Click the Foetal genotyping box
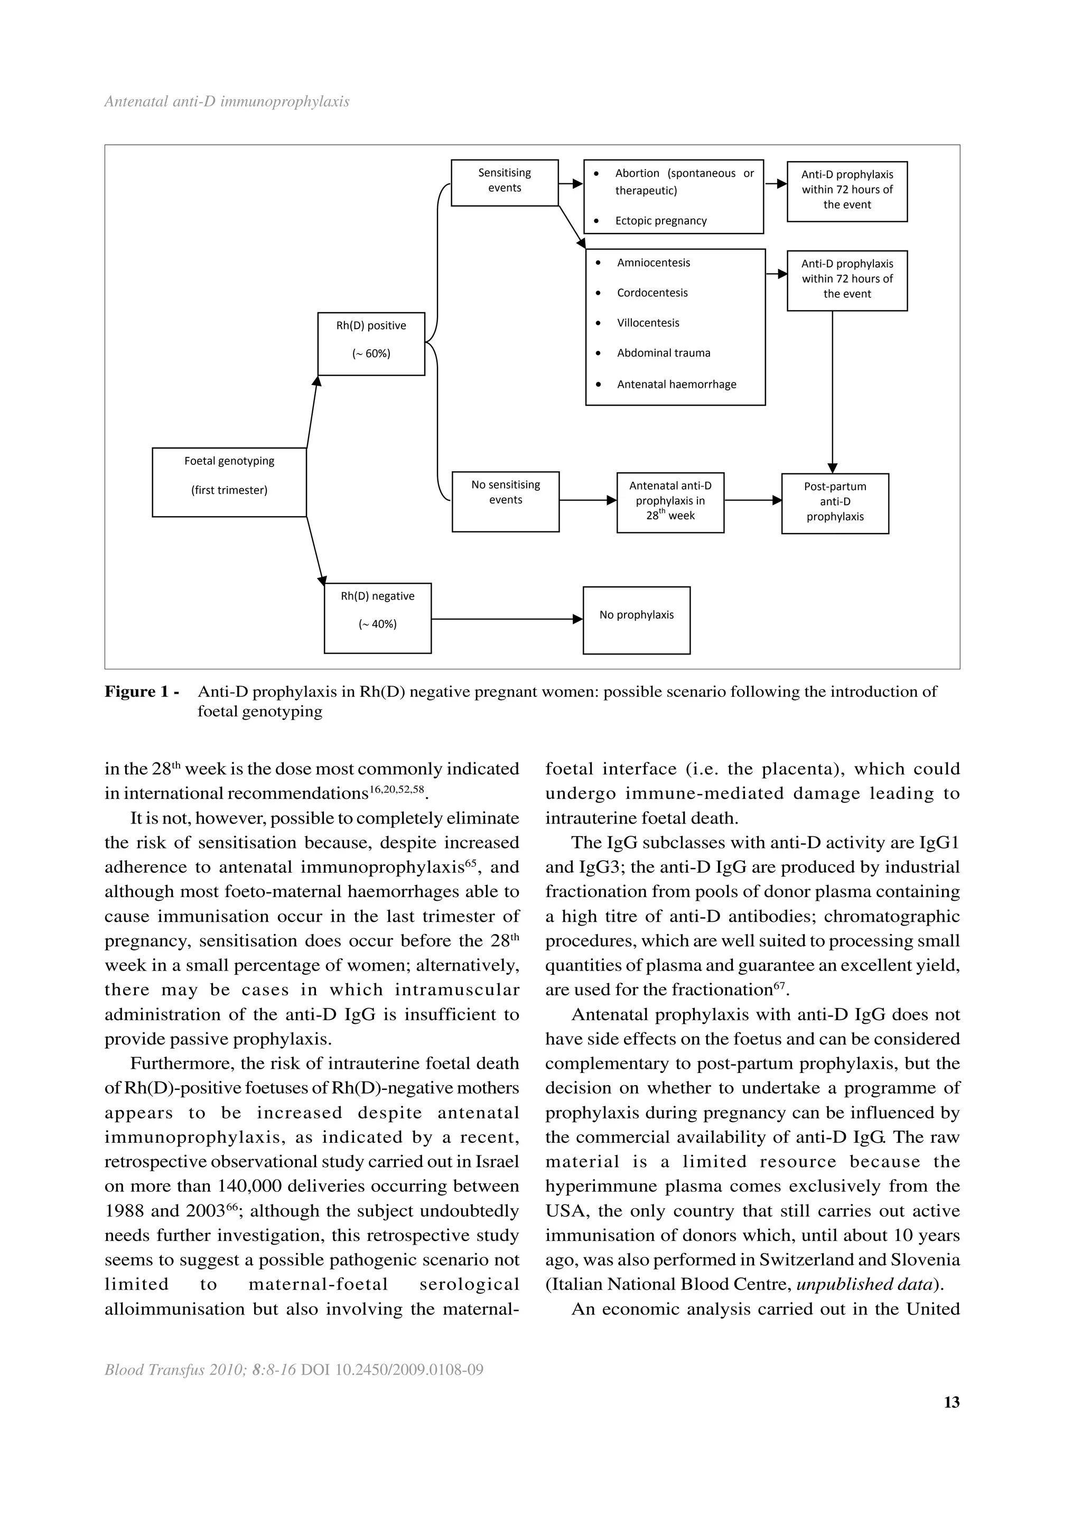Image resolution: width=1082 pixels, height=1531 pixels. click(229, 482)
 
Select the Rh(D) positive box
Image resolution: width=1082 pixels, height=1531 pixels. click(371, 343)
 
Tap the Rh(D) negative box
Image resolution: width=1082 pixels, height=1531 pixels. click(377, 618)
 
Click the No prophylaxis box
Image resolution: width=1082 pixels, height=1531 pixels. click(636, 620)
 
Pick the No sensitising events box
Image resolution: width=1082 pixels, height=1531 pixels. click(505, 501)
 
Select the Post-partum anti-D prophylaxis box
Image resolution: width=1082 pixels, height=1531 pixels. click(835, 503)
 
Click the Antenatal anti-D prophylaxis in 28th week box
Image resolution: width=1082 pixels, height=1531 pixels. click(670, 503)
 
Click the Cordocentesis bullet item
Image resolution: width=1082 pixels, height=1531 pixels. click(651, 293)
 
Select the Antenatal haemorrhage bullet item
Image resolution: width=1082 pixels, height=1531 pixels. click(676, 385)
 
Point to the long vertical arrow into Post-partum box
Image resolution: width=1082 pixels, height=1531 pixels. click(832, 394)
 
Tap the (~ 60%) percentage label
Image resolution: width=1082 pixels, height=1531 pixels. click(371, 354)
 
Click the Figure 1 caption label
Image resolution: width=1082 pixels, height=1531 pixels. click(142, 692)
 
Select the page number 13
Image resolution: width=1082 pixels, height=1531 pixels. click(952, 1402)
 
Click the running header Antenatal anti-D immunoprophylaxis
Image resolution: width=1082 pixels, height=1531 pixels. click(227, 102)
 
